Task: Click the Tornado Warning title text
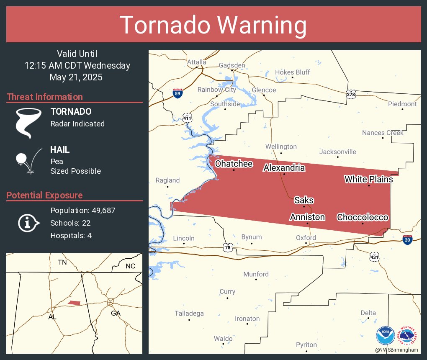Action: click(x=213, y=25)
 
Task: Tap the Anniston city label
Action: click(x=307, y=217)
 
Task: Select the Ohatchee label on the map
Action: click(x=234, y=164)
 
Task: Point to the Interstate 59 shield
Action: click(x=177, y=93)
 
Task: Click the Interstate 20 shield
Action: click(x=407, y=240)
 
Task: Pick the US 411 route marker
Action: click(x=187, y=118)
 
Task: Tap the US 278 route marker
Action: click(x=351, y=94)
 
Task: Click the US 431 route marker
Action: click(x=374, y=257)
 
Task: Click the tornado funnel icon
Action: click(x=28, y=123)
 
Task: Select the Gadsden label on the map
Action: click(x=232, y=65)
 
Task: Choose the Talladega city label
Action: click(x=189, y=314)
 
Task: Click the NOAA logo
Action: click(x=385, y=336)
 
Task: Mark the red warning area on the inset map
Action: click(x=74, y=303)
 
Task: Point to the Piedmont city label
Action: click(x=402, y=104)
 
